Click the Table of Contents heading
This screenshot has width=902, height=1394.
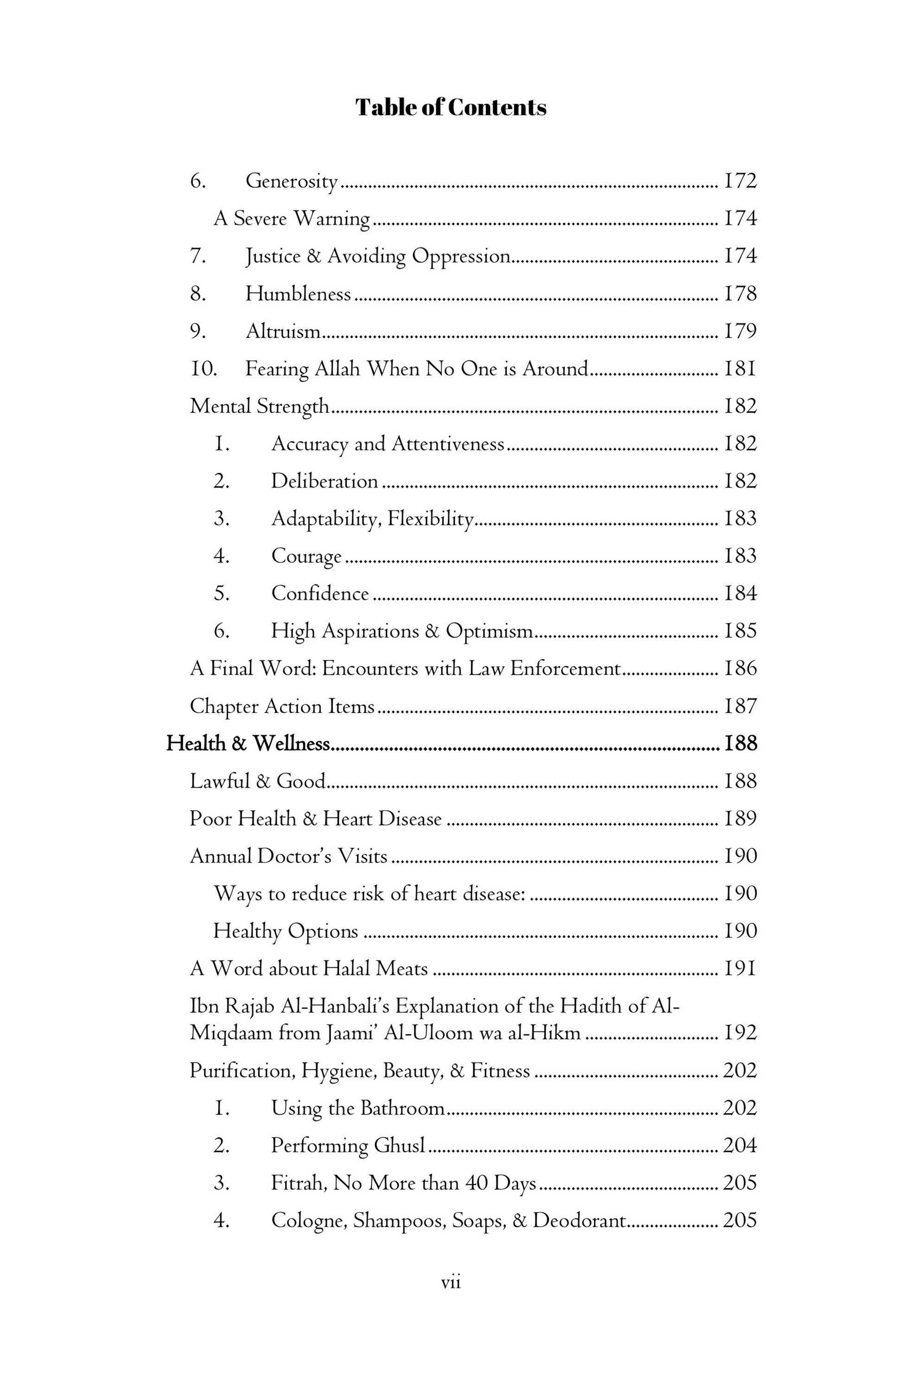[x=451, y=108]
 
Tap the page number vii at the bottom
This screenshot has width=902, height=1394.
[x=451, y=1283]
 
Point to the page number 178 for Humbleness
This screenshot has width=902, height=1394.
[x=740, y=294]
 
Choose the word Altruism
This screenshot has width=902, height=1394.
[x=282, y=331]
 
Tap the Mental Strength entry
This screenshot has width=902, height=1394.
[x=260, y=407]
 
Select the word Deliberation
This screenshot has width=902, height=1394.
[x=324, y=482]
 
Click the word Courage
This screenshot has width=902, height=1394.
[x=306, y=556]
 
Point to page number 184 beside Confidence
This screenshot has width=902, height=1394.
[x=740, y=594]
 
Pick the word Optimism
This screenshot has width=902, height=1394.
[x=489, y=631]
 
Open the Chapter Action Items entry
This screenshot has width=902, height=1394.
[x=282, y=707]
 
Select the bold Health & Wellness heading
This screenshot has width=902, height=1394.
[x=248, y=744]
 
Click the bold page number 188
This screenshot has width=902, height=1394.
[x=740, y=744]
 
